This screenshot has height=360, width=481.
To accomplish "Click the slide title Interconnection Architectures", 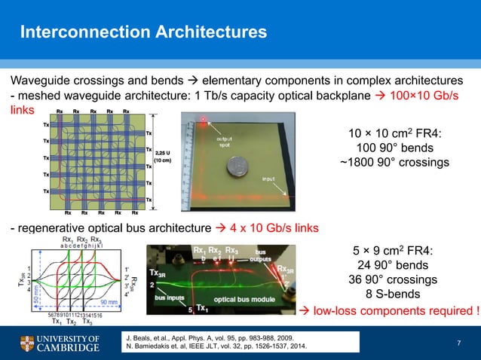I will coord(143,32).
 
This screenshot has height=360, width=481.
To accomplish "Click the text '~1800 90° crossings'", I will coord(396,162).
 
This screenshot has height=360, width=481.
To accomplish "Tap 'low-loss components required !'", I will coord(391,310).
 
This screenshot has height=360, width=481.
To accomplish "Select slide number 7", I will coord(458,343).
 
